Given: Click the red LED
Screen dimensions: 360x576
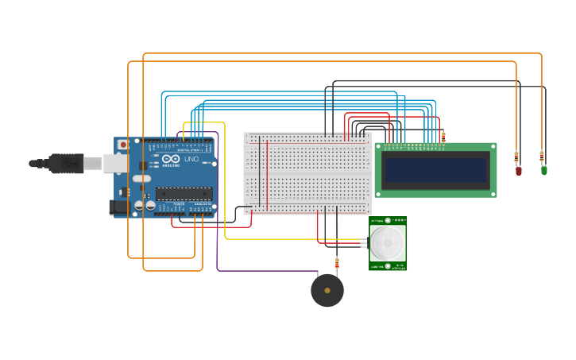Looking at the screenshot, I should [519, 170].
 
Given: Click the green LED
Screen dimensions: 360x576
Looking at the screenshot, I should [544, 169].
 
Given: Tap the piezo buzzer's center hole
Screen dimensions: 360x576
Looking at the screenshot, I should [327, 290].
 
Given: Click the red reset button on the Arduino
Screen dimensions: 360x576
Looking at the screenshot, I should [123, 144].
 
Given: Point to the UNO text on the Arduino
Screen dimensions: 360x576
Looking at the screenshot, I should [191, 159].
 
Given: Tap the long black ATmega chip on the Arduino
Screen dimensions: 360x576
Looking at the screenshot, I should [184, 193].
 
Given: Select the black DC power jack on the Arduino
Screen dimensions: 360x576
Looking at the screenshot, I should [119, 207].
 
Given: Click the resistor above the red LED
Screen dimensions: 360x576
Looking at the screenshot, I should [516, 157].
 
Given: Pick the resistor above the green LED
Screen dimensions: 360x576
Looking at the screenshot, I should [542, 156].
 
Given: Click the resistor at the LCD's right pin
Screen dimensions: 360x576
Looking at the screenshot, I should [443, 137].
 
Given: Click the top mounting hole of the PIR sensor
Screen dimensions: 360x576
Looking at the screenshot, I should [388, 220].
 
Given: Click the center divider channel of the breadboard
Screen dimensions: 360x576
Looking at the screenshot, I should [307, 172].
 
